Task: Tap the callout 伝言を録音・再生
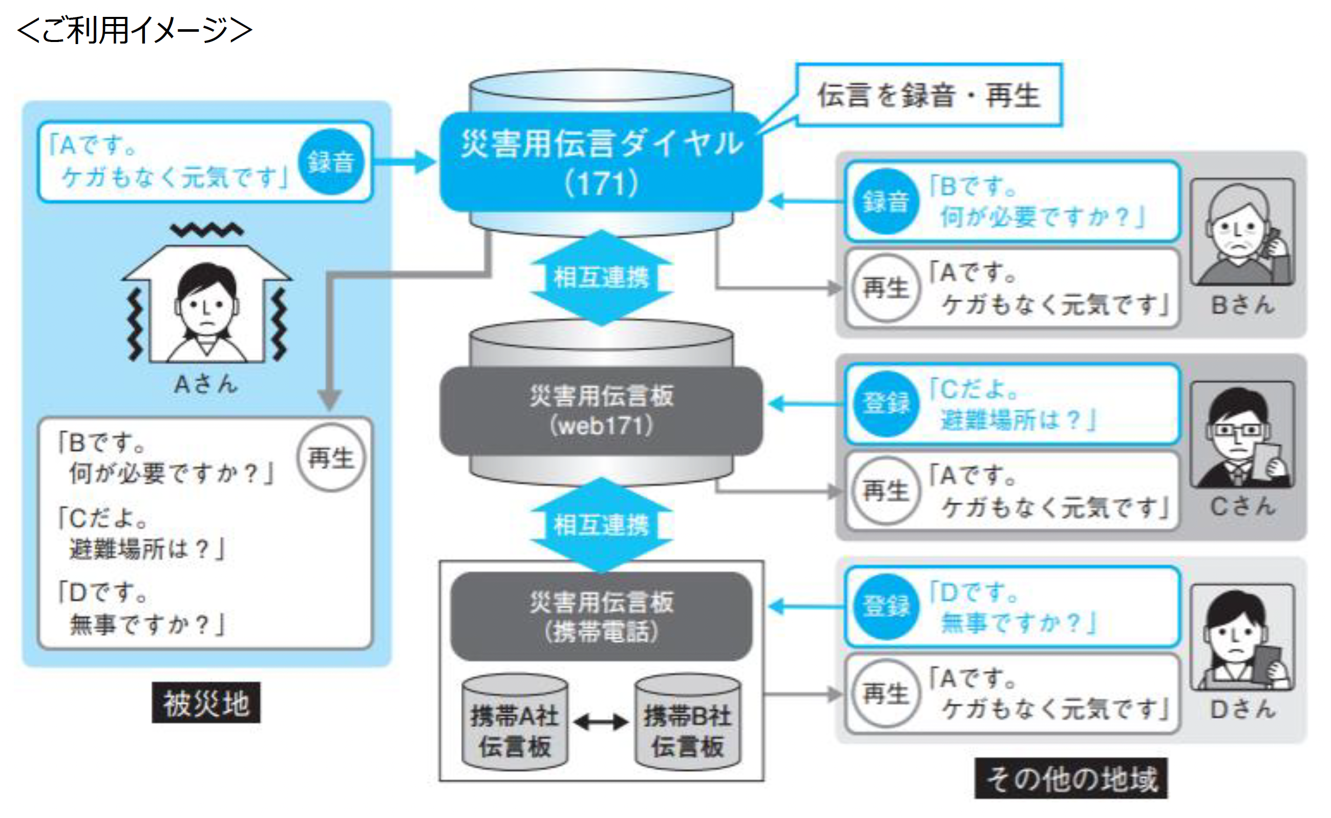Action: [x=928, y=96]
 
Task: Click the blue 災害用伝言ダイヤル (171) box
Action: [x=601, y=162]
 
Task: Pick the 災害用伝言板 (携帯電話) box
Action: [x=601, y=616]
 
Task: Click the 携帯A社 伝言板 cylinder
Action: [x=514, y=724]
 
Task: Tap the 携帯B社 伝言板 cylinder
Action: [x=687, y=724]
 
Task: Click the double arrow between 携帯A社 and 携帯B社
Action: [x=601, y=722]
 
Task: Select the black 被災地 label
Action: [x=206, y=703]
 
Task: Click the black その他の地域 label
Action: [x=1071, y=779]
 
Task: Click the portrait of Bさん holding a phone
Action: [x=1242, y=233]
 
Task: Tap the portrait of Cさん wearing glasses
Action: [x=1242, y=435]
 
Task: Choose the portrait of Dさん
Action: [x=1242, y=637]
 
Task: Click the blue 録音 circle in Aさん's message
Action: [x=331, y=162]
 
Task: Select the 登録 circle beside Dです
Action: [x=885, y=606]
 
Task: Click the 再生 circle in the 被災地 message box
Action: [x=331, y=458]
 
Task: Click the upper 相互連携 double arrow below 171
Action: [x=601, y=278]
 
